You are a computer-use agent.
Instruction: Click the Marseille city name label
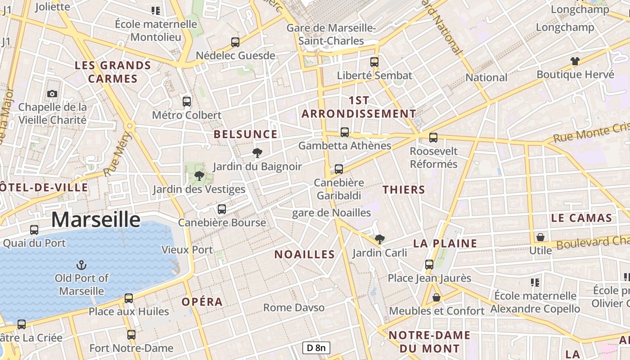click(x=95, y=220)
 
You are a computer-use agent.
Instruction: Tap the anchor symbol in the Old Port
click(x=81, y=264)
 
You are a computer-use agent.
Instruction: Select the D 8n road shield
click(x=316, y=348)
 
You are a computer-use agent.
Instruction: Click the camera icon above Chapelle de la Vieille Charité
click(x=52, y=94)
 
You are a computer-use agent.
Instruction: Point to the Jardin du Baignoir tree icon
click(x=257, y=153)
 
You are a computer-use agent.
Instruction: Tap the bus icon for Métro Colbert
click(x=187, y=101)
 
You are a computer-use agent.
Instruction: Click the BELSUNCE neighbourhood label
click(x=246, y=134)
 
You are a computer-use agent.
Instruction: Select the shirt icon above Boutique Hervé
click(x=575, y=61)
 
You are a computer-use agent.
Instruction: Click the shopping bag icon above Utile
click(x=540, y=237)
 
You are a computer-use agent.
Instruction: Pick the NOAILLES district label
click(x=305, y=255)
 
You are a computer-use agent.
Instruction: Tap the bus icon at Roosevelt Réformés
click(x=433, y=137)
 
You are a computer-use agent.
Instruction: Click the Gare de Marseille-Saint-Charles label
click(x=332, y=34)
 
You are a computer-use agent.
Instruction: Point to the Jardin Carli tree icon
click(x=380, y=239)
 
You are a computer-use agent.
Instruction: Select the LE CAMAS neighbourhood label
click(x=581, y=218)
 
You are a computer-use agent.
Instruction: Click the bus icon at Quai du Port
click(x=34, y=229)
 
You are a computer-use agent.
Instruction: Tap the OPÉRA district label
click(x=202, y=302)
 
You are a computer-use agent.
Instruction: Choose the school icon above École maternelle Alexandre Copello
click(x=535, y=282)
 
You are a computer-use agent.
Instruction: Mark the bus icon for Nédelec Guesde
click(x=235, y=42)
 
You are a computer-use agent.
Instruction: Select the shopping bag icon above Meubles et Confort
click(x=436, y=297)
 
